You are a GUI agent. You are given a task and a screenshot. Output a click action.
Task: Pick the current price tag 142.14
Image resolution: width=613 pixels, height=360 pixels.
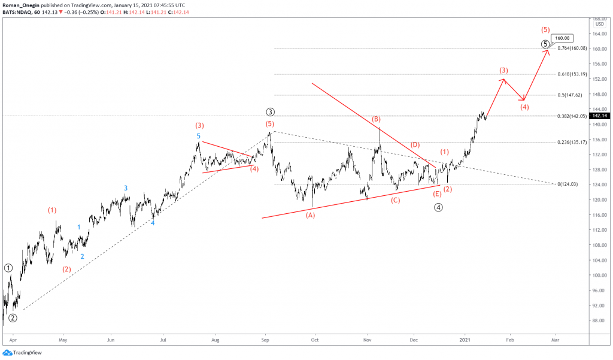click(600, 116)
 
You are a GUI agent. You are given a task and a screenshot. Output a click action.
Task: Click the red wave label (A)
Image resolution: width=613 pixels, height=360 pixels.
click(310, 214)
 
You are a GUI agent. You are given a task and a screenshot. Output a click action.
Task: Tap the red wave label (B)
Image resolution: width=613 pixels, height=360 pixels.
click(377, 119)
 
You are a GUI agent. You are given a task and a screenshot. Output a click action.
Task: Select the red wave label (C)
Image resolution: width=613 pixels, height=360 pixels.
click(395, 200)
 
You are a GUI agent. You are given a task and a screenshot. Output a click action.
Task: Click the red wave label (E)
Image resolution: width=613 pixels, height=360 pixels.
click(438, 193)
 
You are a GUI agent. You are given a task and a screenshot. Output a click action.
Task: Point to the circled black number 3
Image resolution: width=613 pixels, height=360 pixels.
click(271, 111)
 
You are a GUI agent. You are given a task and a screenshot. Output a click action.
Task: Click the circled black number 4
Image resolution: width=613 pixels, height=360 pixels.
click(438, 207)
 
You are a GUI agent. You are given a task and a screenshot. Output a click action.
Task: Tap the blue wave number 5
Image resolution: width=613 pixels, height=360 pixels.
click(199, 136)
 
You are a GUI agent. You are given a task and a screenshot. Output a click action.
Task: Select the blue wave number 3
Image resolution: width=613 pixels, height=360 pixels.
click(126, 188)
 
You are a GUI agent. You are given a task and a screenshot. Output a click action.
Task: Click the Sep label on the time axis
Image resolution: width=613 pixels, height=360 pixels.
click(266, 338)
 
